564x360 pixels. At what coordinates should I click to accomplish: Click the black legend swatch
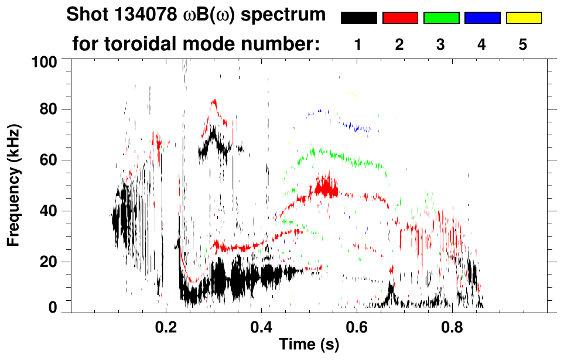tap(358, 18)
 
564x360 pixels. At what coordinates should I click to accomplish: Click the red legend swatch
tap(400, 18)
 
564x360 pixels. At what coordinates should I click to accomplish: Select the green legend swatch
tap(441, 18)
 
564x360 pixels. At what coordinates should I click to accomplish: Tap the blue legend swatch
tap(482, 18)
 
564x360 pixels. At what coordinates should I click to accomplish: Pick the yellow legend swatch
tap(523, 18)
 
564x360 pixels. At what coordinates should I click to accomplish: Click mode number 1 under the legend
tap(358, 44)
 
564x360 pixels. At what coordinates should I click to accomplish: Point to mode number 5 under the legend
tap(523, 44)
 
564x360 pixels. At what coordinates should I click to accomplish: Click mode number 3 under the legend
tap(441, 44)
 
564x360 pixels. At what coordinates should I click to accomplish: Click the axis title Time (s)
tap(309, 345)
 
